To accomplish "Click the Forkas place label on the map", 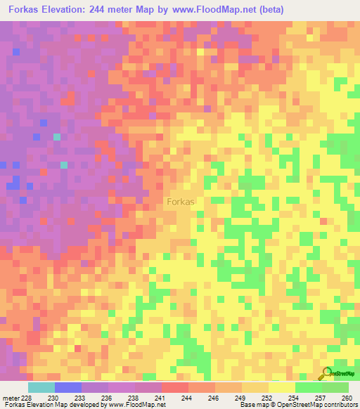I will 181,201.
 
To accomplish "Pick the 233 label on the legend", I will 82,397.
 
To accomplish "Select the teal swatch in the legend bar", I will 41,387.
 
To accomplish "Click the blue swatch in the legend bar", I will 68,387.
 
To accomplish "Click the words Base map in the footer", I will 250,405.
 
